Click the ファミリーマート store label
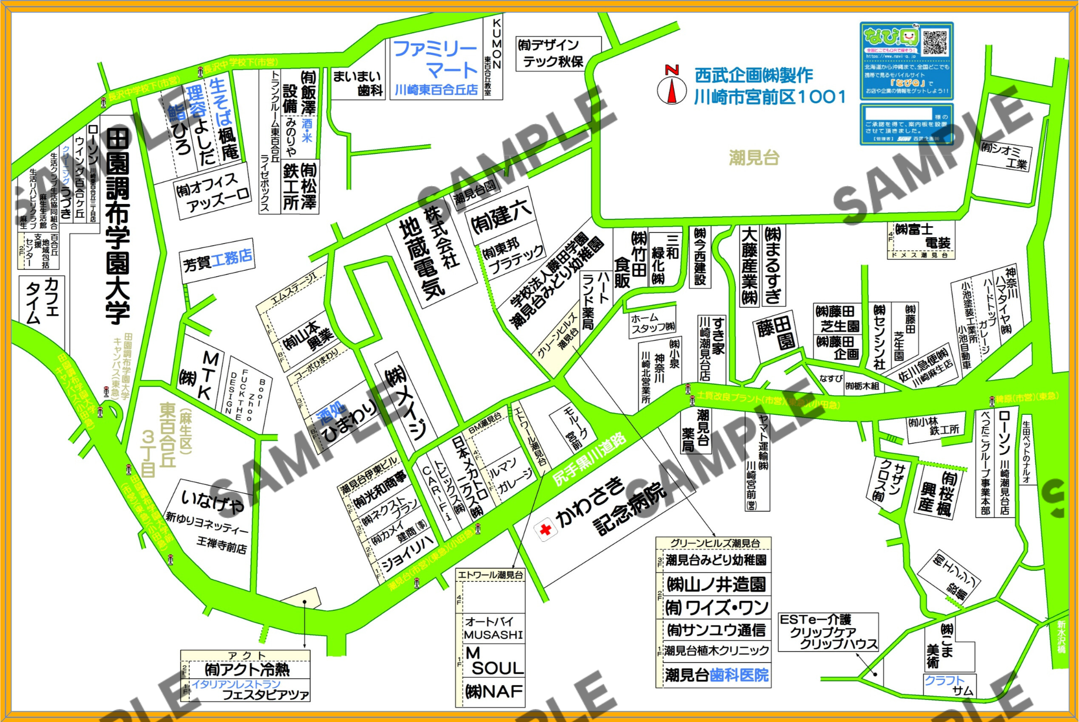(436, 59)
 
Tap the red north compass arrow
(672, 90)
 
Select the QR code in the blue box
(934, 43)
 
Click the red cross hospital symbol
(546, 529)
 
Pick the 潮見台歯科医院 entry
(717, 675)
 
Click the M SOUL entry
(494, 661)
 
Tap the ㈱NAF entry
(494, 691)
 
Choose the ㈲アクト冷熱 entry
(247, 670)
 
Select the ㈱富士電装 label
(922, 236)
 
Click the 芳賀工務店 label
(218, 260)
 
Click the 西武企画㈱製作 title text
(754, 75)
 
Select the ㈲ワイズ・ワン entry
(717, 608)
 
